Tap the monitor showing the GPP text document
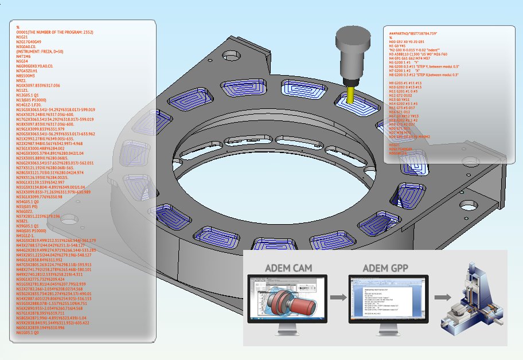[x=382, y=300]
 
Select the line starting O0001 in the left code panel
[x=55, y=32]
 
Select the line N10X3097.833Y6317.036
[x=46, y=85]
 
